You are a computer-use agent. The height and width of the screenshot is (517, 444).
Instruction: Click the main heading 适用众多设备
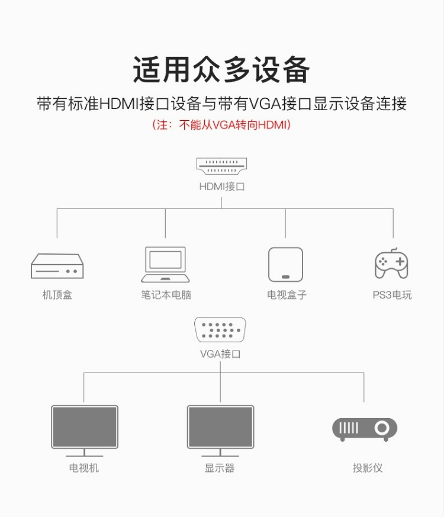coord(221,69)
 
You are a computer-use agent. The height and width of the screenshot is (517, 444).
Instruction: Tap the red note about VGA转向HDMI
coord(221,125)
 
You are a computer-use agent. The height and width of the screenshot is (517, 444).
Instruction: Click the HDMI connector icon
coord(221,166)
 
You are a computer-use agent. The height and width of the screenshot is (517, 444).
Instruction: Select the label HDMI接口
coord(222,187)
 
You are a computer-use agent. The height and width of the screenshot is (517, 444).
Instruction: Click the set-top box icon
coord(57,266)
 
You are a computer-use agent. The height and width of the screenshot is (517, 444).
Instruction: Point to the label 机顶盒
coord(57,294)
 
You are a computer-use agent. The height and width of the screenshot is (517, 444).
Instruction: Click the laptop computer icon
coord(165,265)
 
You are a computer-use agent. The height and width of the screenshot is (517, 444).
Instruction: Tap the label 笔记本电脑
coord(166,294)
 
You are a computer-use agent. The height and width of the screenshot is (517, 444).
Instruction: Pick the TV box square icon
coord(285,265)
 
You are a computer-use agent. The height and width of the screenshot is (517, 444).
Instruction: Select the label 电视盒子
coord(287,294)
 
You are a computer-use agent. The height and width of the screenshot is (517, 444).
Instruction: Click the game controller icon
coord(391,264)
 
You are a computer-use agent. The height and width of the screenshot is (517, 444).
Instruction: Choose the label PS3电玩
coord(392,294)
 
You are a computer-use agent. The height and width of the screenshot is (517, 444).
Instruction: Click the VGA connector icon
coord(220,330)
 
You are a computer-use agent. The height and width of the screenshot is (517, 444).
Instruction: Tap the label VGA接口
coord(220,354)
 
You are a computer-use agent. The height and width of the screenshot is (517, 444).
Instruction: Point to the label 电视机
coord(83,467)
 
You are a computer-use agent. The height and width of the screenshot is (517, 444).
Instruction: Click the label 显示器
coord(220,467)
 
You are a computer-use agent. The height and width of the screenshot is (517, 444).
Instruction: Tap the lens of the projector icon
coord(382,428)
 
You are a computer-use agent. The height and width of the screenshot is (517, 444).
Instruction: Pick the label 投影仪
coord(368,467)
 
